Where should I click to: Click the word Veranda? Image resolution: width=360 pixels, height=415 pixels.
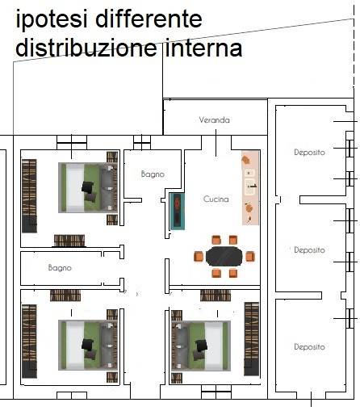(x=215, y=120)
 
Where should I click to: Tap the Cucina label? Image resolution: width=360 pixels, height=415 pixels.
(x=216, y=199)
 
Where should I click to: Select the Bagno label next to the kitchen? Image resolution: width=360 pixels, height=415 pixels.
(x=153, y=174)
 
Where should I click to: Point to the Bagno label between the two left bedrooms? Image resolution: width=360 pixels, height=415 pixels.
(x=60, y=266)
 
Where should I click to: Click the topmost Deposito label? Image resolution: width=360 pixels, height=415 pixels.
(x=309, y=152)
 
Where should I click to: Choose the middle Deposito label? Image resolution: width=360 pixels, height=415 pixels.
(x=309, y=250)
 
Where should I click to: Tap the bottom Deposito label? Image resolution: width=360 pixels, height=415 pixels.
(x=309, y=347)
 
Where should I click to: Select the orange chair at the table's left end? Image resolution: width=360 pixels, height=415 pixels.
(x=199, y=256)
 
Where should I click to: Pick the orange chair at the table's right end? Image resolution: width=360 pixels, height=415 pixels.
(x=250, y=256)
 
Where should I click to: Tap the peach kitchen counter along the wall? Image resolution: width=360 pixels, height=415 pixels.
(x=250, y=190)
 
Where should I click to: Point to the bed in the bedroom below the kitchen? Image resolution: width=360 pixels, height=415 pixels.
(x=201, y=345)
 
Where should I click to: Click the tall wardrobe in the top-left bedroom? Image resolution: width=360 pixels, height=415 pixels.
(x=29, y=195)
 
